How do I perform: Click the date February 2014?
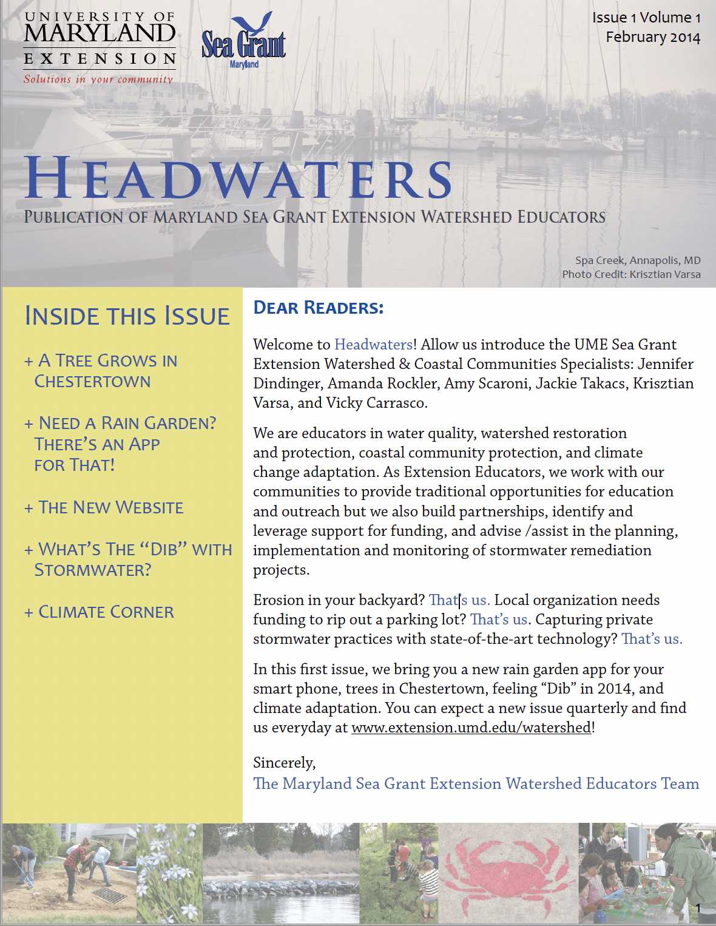click(x=653, y=37)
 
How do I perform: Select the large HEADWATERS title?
click(x=238, y=178)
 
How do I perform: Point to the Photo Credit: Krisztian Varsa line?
click(x=631, y=274)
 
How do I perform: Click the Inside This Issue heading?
click(x=127, y=316)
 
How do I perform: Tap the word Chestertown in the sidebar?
click(x=92, y=382)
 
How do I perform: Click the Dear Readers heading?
click(x=319, y=308)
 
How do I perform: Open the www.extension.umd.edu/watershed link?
click(x=471, y=728)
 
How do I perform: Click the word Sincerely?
click(x=284, y=763)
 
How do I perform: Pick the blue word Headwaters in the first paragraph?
click(x=373, y=345)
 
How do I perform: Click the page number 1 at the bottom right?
click(x=698, y=908)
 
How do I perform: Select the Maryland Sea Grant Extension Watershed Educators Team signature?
click(x=476, y=783)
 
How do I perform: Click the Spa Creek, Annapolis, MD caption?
click(x=638, y=260)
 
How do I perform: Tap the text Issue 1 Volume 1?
click(x=646, y=18)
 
